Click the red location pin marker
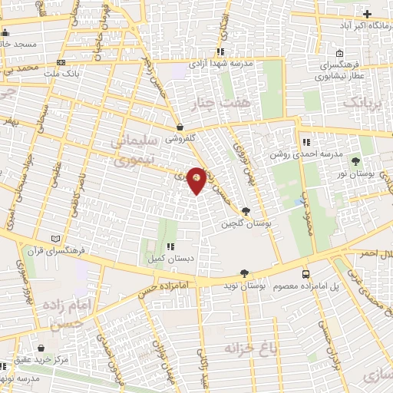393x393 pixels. [196, 180]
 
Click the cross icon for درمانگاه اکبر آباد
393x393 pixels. [367, 14]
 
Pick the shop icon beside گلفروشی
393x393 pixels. [179, 127]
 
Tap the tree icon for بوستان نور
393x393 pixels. [355, 160]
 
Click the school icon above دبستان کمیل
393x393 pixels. [170, 247]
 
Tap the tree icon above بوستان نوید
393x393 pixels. [244, 272]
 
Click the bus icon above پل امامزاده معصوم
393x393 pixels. [306, 274]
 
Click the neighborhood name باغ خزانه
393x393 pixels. [249, 348]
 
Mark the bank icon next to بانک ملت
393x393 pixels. [61, 62]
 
